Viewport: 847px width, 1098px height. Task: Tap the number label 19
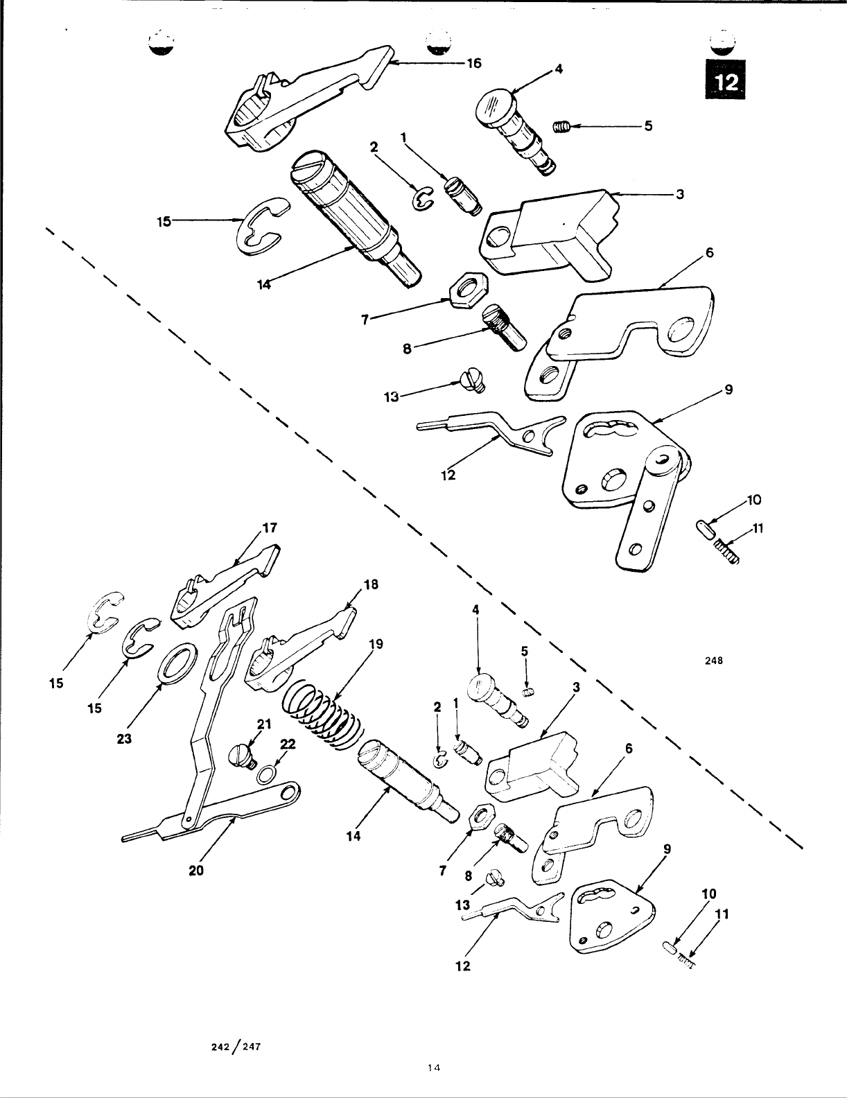click(375, 644)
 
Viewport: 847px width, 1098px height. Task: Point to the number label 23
click(124, 739)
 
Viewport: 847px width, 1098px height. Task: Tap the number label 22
click(288, 744)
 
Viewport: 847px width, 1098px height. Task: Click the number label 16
click(473, 63)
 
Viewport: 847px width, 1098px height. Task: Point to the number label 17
click(269, 527)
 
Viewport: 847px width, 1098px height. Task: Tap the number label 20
click(196, 871)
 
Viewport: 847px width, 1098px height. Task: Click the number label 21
click(263, 724)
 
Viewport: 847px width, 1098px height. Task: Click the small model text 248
click(715, 661)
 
